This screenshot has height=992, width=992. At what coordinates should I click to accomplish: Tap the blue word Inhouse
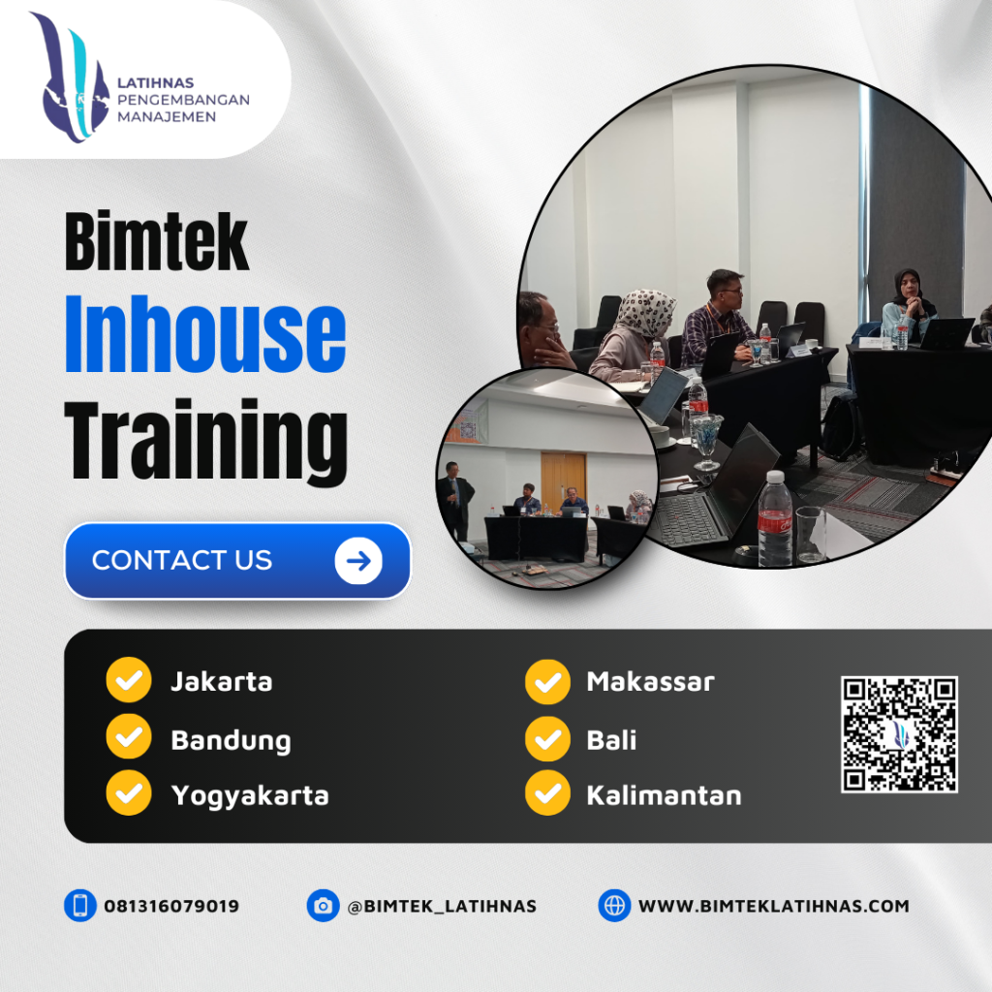205,337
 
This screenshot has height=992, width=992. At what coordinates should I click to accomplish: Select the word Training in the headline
205,444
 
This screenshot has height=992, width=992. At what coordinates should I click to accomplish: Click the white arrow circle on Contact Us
358,561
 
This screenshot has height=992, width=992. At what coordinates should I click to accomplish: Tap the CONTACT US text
182,561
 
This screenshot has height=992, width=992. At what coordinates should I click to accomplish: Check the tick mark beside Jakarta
128,680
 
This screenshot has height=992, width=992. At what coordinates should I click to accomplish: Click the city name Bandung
231,741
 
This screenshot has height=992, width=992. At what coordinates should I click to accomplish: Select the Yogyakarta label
250,796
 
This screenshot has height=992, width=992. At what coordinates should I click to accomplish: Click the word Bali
611,741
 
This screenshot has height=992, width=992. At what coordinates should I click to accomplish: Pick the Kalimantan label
664,796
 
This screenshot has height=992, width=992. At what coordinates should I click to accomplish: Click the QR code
899,734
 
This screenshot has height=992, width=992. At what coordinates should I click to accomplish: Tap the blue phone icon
79,906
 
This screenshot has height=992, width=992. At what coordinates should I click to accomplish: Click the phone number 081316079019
171,907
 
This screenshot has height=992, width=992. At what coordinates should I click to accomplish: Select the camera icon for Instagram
323,906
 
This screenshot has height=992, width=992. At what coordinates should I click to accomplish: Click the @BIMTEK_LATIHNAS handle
442,907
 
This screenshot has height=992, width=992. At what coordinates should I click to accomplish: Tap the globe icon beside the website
614,906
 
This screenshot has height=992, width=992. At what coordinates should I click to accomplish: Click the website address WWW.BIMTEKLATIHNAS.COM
773,907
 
